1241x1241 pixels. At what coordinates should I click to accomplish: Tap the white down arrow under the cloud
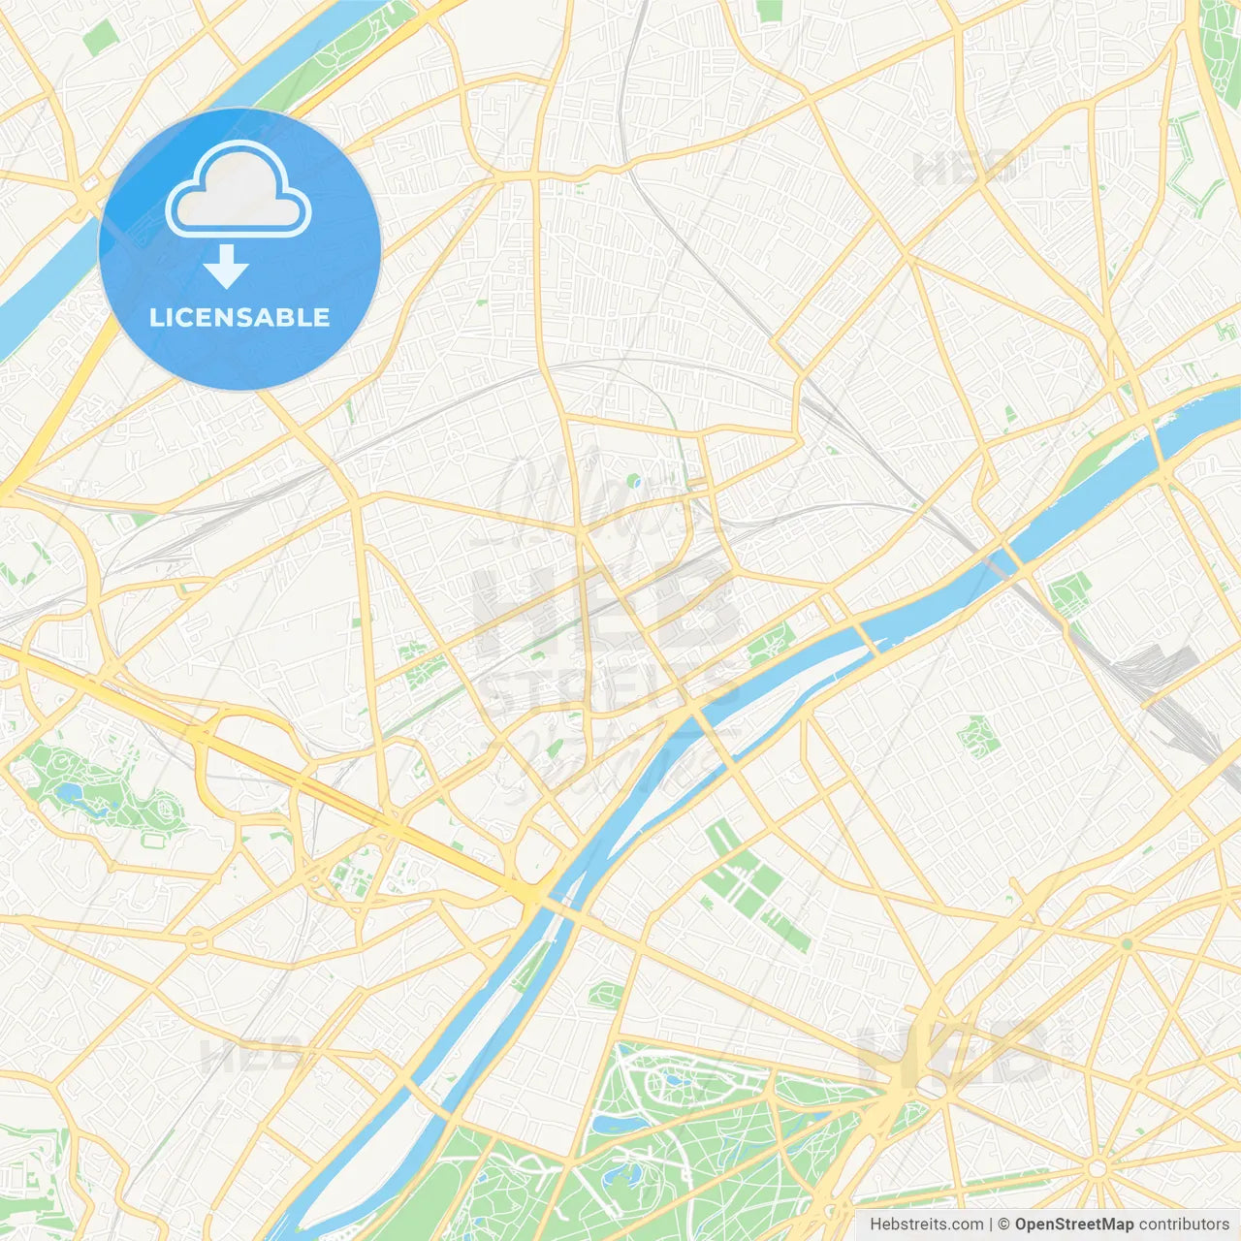[x=226, y=267]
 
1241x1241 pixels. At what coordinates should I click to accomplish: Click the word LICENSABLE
[x=239, y=317]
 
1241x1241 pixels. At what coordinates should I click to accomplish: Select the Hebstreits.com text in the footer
[x=927, y=1225]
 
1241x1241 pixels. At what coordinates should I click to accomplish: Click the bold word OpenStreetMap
[x=1074, y=1225]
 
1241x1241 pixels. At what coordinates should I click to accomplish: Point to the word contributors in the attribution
[x=1184, y=1225]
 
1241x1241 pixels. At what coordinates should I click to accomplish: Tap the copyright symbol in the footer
[x=1004, y=1225]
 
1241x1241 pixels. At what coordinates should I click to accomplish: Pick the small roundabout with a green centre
[x=1127, y=943]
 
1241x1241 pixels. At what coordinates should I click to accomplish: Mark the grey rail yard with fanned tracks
[x=1159, y=669]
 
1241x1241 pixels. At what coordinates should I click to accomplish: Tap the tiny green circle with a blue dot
[x=633, y=480]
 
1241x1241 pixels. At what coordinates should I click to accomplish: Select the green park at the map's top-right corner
[x=1221, y=39]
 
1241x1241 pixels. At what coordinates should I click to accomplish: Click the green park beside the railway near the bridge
[x=1068, y=591]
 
